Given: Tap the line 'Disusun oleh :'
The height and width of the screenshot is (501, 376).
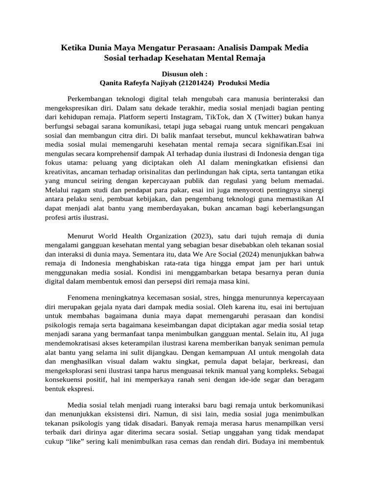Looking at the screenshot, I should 188,73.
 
